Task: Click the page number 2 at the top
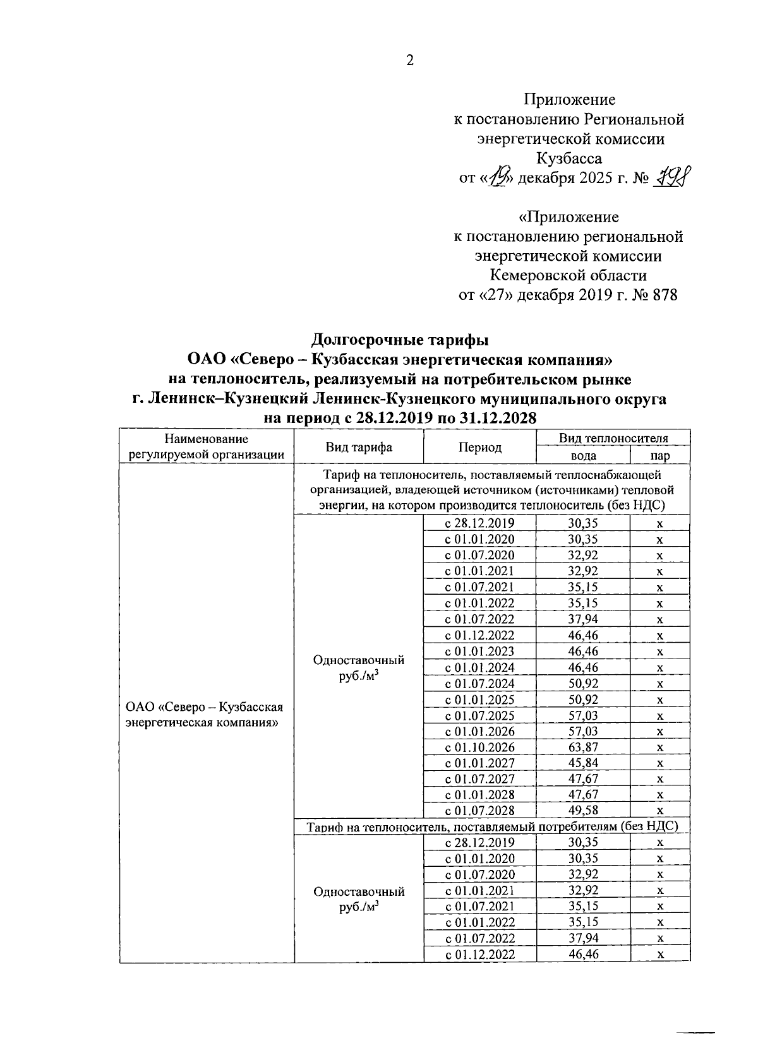(x=409, y=61)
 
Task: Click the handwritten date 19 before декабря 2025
(x=499, y=178)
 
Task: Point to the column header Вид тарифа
(x=359, y=447)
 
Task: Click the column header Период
(x=480, y=447)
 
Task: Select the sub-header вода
(x=582, y=455)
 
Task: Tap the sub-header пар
(x=659, y=455)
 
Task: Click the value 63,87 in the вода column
(x=582, y=747)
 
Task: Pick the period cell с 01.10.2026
(x=479, y=747)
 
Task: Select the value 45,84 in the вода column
(x=582, y=763)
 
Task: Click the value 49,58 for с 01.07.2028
(x=582, y=810)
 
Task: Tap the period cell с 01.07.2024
(x=479, y=683)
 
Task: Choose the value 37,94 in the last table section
(x=582, y=938)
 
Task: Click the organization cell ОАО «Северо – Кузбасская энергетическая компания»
(x=204, y=715)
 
